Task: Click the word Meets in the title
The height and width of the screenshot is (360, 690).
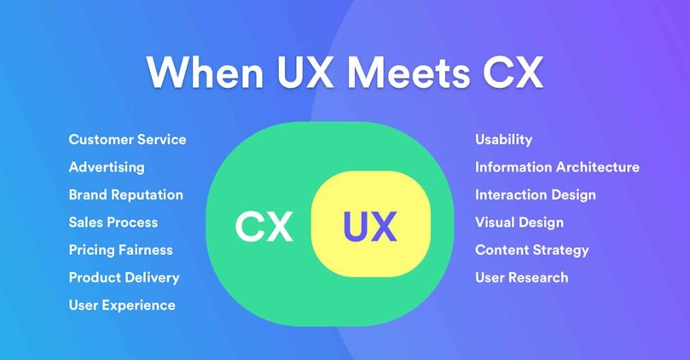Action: click(409, 72)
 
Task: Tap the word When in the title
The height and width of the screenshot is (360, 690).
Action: click(206, 72)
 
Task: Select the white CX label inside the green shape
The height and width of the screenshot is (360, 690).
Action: click(264, 227)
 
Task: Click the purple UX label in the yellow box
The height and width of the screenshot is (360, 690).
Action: click(370, 227)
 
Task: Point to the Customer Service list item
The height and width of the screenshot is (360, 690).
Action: click(128, 140)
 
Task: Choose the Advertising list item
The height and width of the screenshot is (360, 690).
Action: click(107, 168)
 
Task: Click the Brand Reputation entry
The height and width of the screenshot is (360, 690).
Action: click(126, 195)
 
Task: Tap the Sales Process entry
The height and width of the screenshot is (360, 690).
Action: click(113, 223)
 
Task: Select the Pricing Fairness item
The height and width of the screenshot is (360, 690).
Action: click(120, 251)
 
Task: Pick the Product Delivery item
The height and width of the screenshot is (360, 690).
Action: click(124, 278)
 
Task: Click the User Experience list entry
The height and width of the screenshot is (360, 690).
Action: click(122, 305)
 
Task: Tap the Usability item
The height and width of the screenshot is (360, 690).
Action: click(504, 140)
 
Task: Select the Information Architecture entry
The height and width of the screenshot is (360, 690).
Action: click(557, 167)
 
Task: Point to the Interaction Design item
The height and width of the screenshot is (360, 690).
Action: click(536, 195)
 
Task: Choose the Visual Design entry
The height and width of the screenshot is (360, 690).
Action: click(519, 223)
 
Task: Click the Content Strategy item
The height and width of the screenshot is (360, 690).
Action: click(532, 251)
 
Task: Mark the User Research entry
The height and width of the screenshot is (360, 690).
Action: click(522, 278)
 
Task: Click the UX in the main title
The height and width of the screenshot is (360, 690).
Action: click(305, 72)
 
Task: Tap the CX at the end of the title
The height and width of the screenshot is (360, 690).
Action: click(513, 72)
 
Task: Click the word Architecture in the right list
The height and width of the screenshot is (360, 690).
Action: click(598, 167)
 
